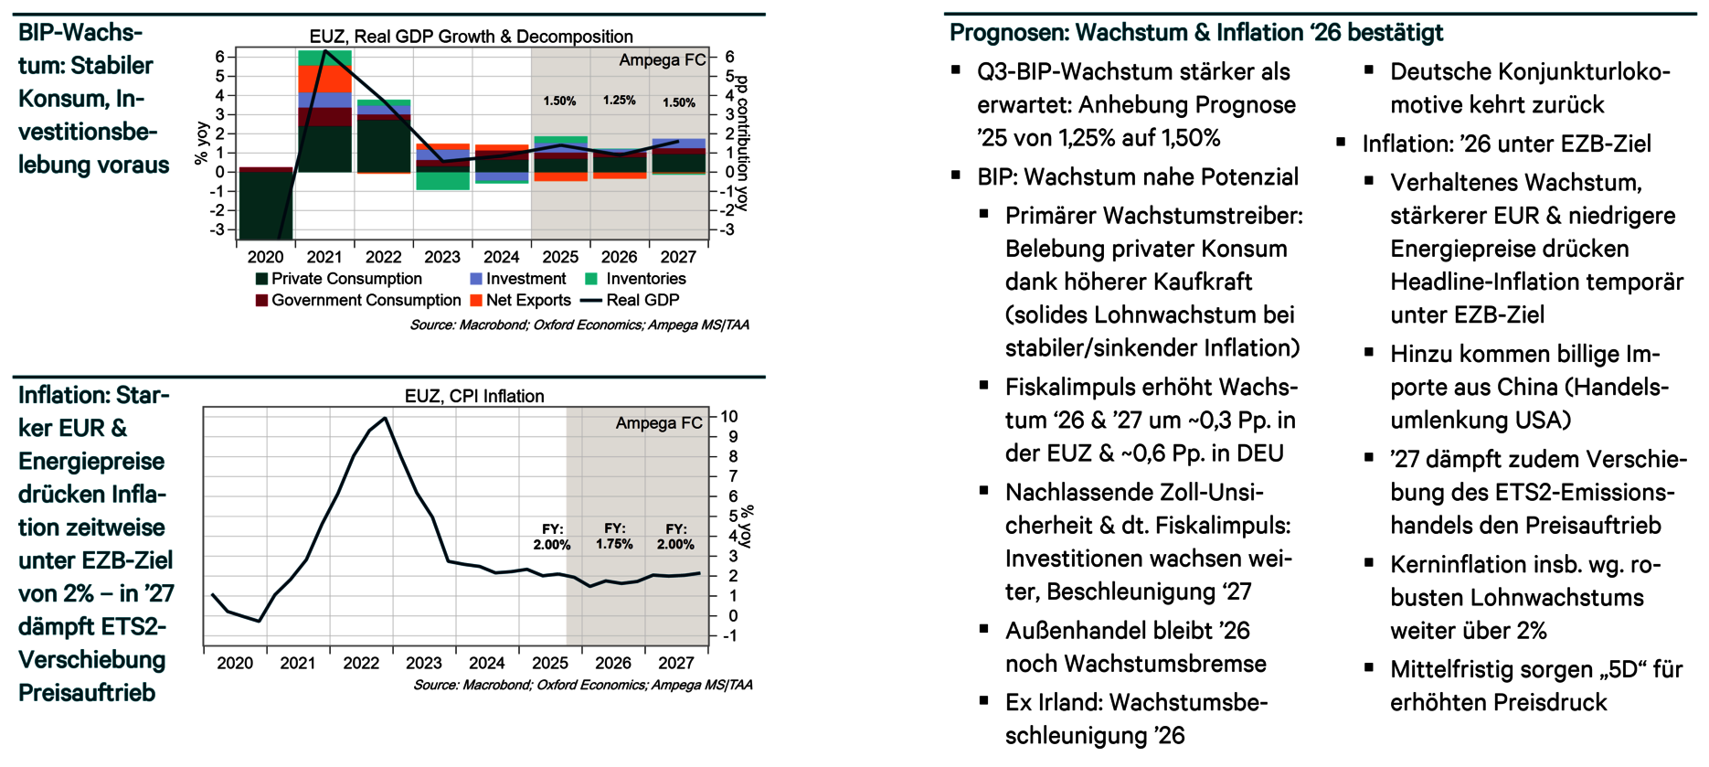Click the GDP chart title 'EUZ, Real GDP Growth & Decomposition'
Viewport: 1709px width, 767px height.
tap(471, 37)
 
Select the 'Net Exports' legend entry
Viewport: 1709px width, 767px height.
tap(527, 300)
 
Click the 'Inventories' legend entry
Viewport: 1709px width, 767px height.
tap(645, 279)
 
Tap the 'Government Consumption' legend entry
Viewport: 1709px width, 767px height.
tap(366, 300)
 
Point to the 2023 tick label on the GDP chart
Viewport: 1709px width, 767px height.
tap(442, 257)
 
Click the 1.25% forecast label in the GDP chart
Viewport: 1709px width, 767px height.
tap(619, 101)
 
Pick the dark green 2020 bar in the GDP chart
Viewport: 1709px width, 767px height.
tap(265, 206)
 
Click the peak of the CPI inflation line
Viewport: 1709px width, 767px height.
tap(385, 419)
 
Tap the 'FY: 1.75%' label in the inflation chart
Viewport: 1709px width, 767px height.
tap(614, 537)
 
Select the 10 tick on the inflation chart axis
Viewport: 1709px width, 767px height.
tap(728, 417)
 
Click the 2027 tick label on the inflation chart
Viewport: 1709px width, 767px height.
tap(675, 663)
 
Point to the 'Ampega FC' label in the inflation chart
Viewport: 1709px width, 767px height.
tap(658, 423)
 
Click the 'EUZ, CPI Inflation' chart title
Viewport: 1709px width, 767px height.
tap(474, 396)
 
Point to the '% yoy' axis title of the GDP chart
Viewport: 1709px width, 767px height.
tap(201, 144)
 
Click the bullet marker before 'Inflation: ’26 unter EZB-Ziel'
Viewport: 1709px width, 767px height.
tap(1341, 142)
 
